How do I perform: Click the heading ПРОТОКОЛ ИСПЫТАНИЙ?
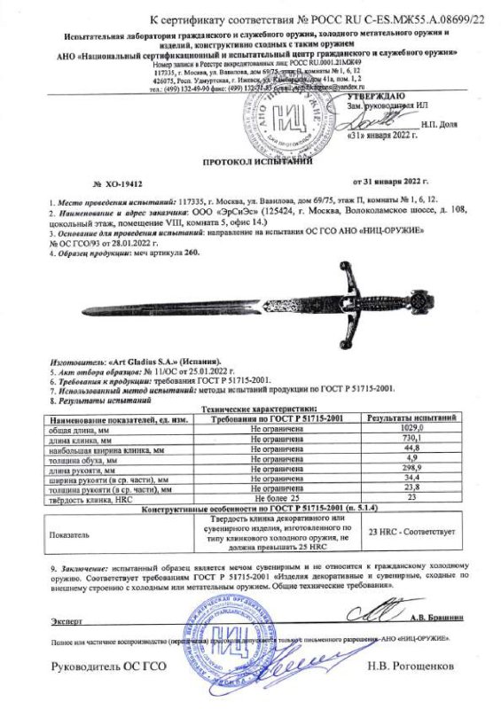pyautogui.click(x=250, y=162)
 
